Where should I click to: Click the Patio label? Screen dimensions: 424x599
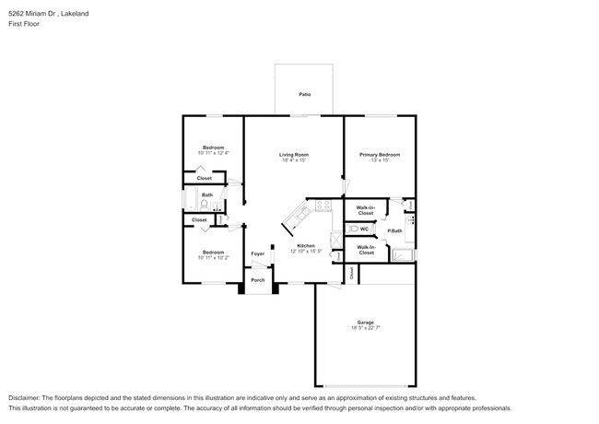point(303,94)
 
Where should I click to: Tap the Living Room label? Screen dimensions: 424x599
point(294,154)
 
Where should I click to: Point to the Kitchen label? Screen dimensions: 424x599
point(306,245)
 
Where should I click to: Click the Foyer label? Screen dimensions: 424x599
point(258,253)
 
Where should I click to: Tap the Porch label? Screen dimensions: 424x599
point(258,280)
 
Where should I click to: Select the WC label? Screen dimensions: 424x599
point(364,229)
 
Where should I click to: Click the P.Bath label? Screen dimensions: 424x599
point(393,230)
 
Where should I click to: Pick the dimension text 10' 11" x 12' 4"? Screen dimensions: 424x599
point(213,153)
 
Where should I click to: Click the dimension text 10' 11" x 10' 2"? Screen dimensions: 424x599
point(213,257)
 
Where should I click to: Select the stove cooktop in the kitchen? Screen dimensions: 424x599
point(322,206)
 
